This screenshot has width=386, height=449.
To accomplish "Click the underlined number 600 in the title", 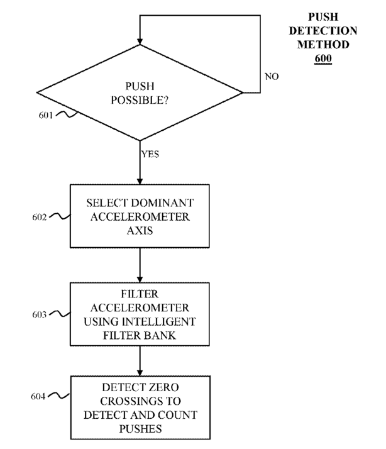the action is click(323, 58).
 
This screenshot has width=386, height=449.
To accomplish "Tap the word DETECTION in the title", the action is click(323, 31).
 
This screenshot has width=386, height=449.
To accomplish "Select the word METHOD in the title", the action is click(323, 45).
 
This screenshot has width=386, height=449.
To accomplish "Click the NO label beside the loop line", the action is click(272, 77).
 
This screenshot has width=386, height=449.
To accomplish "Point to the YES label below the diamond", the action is click(150, 154).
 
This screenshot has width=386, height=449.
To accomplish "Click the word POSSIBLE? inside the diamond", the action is click(140, 100).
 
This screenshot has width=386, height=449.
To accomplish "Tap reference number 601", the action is click(45, 115).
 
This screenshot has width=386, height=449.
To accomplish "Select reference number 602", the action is click(39, 218).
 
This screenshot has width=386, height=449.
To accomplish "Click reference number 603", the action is click(39, 314).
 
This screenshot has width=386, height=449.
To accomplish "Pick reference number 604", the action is click(38, 396).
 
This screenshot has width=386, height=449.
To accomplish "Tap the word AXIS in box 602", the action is click(140, 231).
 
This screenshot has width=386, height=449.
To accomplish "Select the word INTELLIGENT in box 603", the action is click(159, 321).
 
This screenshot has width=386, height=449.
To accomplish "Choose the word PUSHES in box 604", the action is click(140, 429).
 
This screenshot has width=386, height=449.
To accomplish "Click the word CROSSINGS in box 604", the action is click(129, 401).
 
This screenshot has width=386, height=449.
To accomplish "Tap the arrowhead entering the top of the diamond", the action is click(140, 42).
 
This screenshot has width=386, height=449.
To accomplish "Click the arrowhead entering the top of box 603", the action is click(140, 279).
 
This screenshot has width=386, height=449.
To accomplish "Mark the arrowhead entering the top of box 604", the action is click(140, 372).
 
